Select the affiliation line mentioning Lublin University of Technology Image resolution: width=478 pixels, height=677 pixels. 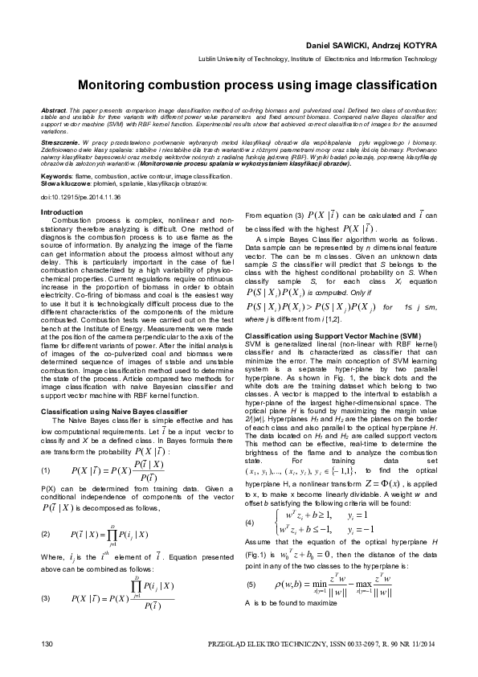tap(319, 60)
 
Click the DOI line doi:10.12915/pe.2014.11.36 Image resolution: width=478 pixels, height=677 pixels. tap(80, 196)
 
